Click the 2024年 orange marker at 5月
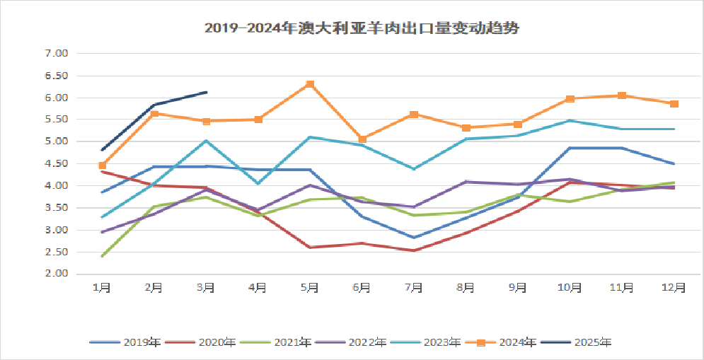click(x=310, y=84)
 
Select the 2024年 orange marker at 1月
click(x=103, y=166)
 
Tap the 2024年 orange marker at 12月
click(x=674, y=104)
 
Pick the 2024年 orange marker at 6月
click(x=362, y=139)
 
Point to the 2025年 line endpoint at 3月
click(x=207, y=92)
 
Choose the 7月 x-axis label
click(x=414, y=287)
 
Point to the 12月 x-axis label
click(x=674, y=287)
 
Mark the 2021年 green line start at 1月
click(x=103, y=256)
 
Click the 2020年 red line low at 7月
click(x=414, y=250)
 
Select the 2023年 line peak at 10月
click(x=570, y=121)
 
